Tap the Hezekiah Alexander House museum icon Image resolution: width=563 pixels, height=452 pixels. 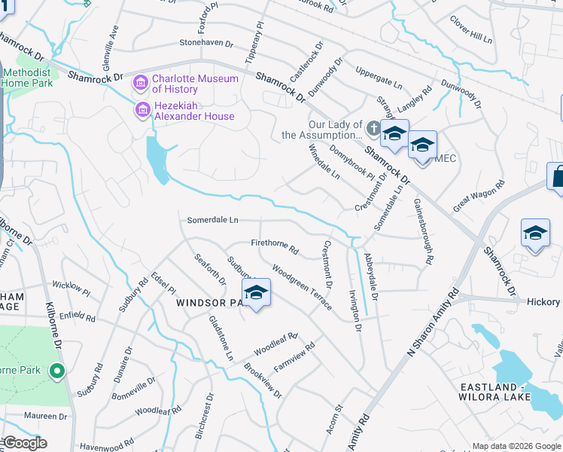point(141,111)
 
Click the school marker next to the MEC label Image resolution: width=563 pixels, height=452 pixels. point(422,144)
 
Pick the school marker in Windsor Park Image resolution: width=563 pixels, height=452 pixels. point(256,293)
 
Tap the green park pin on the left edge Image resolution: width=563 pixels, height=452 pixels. point(56,371)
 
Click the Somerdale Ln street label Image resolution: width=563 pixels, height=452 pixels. point(212,220)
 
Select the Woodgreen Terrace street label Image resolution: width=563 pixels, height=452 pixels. point(302,286)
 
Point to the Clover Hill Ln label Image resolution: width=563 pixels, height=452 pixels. point(470,29)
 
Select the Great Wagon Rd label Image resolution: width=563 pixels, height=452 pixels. point(478,196)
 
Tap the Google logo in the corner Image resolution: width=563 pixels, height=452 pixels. point(24,444)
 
